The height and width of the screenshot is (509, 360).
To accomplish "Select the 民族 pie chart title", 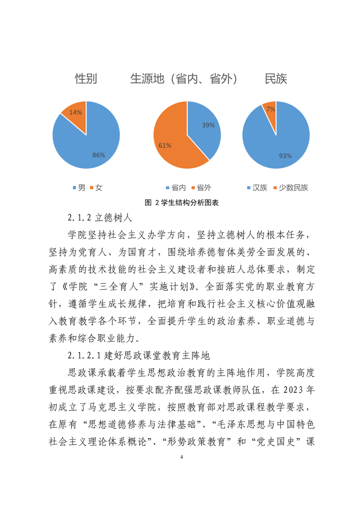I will pos(276,79).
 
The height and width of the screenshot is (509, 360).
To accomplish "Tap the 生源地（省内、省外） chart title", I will pos(184,79).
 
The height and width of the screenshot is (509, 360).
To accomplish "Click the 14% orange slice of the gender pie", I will pos(75,113).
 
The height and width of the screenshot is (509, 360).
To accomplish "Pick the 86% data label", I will pos(98,155).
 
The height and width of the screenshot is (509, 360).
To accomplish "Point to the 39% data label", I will pos(208,125).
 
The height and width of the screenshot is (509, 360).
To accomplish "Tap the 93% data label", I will pos(285,156).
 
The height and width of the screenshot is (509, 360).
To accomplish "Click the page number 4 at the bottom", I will pos(181,458).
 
